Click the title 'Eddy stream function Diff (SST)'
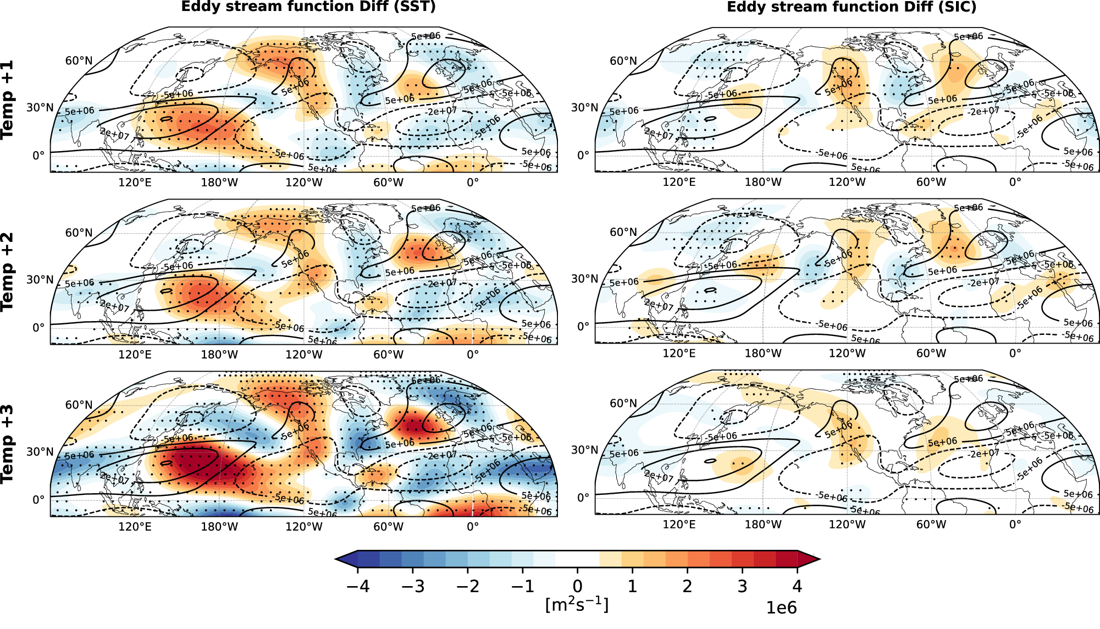[x=308, y=7]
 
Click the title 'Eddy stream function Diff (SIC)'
[x=852, y=7]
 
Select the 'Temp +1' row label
[x=7, y=100]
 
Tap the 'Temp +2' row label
[x=7, y=272]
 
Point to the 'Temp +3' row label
[x=7, y=444]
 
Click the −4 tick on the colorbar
[x=358, y=586]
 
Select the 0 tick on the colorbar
[x=577, y=586]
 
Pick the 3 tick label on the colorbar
[x=742, y=586]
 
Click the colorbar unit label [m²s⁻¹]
[x=577, y=604]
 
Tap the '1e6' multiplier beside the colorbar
[x=781, y=608]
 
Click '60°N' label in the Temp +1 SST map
[x=79, y=61]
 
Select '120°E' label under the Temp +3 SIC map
[x=679, y=524]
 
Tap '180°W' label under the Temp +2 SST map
[x=219, y=354]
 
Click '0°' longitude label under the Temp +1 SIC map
[x=1015, y=182]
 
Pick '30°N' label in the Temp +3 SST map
[x=40, y=452]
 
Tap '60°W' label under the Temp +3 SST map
[x=388, y=526]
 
